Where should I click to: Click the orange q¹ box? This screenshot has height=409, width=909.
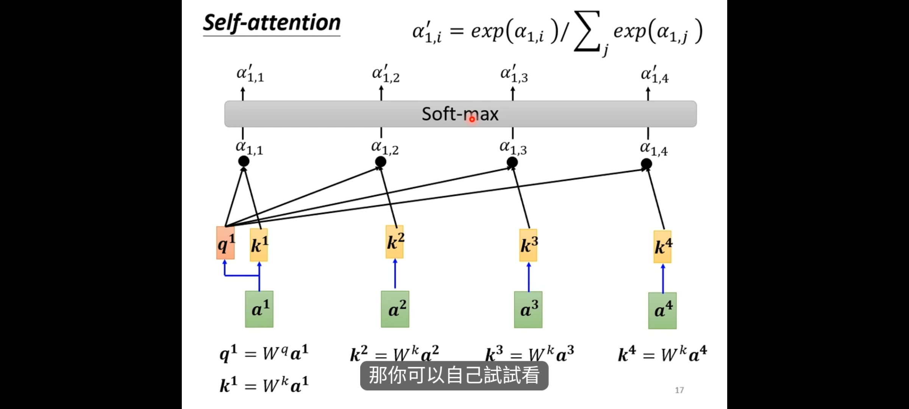pyautogui.click(x=225, y=243)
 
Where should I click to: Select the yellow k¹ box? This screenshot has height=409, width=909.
pyautogui.click(x=259, y=245)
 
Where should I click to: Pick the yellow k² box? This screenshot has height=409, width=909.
pyautogui.click(x=395, y=242)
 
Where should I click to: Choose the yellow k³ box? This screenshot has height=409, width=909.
pyautogui.click(x=528, y=245)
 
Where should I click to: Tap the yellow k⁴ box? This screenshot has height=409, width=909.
pyautogui.click(x=663, y=247)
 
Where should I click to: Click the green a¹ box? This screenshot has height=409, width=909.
pyautogui.click(x=259, y=309)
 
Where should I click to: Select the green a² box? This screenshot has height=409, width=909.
pyautogui.click(x=395, y=309)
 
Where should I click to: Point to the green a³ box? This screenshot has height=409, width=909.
pyautogui.click(x=528, y=309)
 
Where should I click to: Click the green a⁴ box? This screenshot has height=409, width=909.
pyautogui.click(x=662, y=311)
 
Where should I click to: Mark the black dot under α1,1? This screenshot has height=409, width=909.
pyautogui.click(x=244, y=162)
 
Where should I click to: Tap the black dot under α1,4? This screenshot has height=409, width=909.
pyautogui.click(x=647, y=164)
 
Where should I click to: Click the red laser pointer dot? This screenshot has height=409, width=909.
pyautogui.click(x=472, y=119)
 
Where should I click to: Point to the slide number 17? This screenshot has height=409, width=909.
pyautogui.click(x=679, y=390)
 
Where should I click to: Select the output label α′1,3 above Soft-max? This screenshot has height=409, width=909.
pyautogui.click(x=514, y=74)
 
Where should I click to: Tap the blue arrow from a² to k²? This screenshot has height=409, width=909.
pyautogui.click(x=395, y=273)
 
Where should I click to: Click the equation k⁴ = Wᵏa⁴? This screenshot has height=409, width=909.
pyautogui.click(x=662, y=354)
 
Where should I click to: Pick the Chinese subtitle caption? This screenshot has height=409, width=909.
pyautogui.click(x=454, y=375)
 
